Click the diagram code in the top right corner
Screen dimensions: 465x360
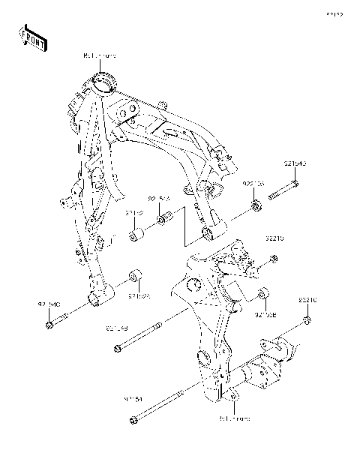[334, 13]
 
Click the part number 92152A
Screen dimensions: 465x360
[139, 297]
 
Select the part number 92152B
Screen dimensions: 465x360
[265, 315]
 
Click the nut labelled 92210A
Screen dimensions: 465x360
[256, 205]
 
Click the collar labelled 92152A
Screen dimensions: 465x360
[137, 274]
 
